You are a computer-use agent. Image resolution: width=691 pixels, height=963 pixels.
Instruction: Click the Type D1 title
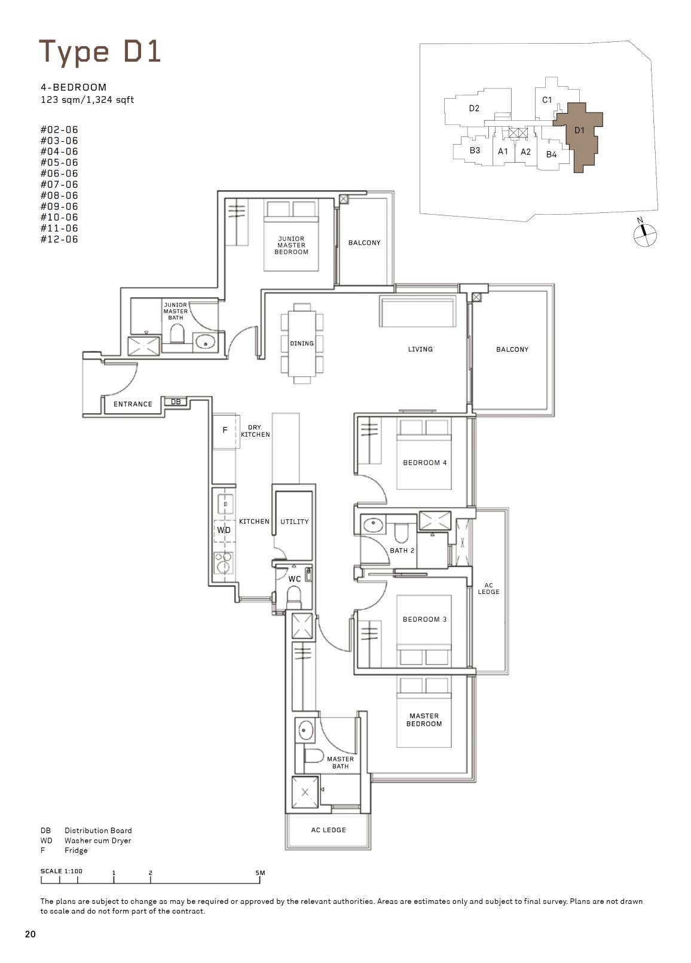100,53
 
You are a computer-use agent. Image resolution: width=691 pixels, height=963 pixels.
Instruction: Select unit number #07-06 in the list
59,184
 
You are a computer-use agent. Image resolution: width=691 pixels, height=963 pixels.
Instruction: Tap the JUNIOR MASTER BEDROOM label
291,245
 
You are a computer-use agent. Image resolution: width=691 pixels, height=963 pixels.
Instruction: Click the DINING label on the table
302,343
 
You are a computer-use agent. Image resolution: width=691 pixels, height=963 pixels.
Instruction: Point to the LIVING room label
420,349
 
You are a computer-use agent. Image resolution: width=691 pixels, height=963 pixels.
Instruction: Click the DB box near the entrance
176,402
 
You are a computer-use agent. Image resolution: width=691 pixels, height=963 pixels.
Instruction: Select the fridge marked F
225,431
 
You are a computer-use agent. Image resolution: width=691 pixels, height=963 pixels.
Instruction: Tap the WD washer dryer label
224,530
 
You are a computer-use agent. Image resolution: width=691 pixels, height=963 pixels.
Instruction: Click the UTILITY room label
294,522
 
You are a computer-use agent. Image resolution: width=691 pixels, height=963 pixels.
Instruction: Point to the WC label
294,579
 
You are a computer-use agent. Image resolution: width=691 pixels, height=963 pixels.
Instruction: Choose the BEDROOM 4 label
424,462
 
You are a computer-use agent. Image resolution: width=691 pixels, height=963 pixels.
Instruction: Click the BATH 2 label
402,550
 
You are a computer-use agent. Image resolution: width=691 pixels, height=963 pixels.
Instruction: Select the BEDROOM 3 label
424,619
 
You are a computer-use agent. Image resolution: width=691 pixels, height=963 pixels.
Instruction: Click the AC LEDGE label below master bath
328,830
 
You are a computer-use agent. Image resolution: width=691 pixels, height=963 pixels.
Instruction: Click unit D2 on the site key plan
474,108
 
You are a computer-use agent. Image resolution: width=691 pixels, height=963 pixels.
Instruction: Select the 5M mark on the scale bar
260,873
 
